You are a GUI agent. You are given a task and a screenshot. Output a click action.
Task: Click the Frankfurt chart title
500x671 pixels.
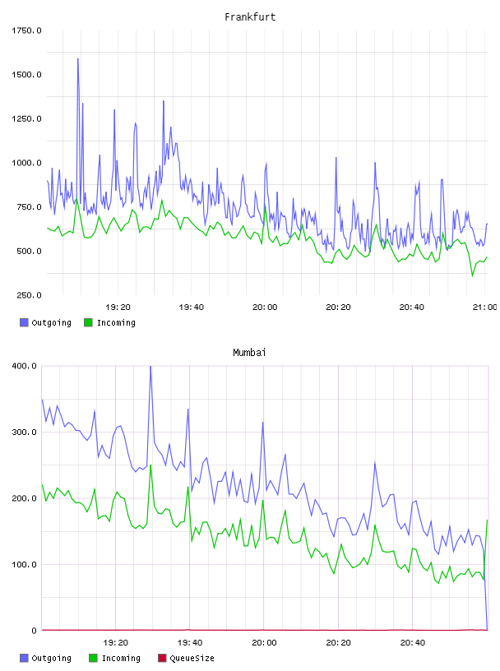pos(250,17)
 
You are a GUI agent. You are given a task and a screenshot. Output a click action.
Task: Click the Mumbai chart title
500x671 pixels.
pos(249,353)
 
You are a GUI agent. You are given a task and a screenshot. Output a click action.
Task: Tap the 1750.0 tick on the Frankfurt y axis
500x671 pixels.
pos(26,30)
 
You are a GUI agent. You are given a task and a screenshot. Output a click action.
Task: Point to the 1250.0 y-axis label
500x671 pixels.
pos(26,118)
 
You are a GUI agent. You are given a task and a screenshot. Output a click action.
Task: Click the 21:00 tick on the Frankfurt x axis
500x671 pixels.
pos(484,307)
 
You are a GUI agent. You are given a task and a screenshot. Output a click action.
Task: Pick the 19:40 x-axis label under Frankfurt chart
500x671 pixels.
pos(192,307)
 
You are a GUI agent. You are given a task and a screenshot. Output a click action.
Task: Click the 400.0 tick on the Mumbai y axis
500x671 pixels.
pos(24,366)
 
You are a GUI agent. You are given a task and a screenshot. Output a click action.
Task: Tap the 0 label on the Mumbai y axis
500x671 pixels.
pos(35,631)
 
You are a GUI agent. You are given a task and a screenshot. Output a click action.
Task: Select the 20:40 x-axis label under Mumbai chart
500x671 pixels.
pos(413,642)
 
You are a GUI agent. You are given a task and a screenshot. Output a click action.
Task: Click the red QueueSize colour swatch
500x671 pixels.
pos(162,658)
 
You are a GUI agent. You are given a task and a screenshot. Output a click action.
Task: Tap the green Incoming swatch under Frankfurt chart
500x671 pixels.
pos(88,322)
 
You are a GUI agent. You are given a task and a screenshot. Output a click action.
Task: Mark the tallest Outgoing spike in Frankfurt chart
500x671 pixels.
pos(78,58)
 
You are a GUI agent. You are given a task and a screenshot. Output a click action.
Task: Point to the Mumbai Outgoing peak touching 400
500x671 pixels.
pos(150,367)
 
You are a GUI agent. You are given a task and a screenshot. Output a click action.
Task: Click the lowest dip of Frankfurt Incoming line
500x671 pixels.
pos(473,276)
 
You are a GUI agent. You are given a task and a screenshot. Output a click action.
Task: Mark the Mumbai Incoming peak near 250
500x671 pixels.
pos(150,465)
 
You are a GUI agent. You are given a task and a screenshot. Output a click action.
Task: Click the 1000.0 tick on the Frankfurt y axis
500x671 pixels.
pos(26,163)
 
